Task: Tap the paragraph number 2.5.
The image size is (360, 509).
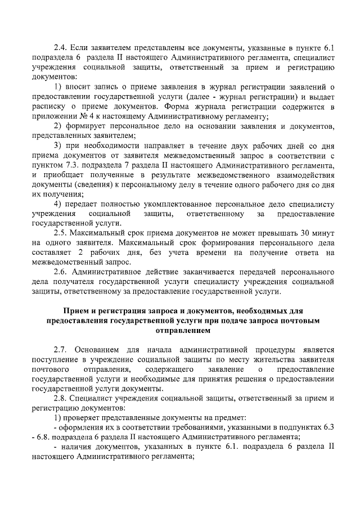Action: point(60,233)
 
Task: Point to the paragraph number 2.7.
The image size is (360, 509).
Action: point(60,349)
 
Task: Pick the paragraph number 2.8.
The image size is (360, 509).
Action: point(60,398)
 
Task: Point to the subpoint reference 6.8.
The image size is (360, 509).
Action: point(46,438)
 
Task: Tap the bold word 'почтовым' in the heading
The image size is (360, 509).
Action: point(298,320)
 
